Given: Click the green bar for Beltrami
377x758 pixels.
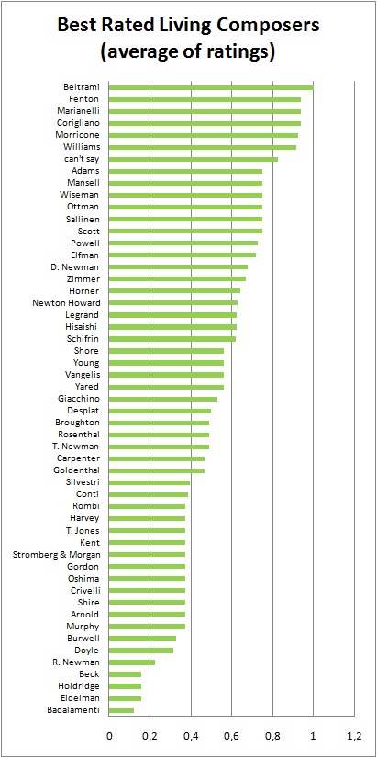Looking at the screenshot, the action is point(211,87).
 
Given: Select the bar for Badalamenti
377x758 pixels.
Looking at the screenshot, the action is point(121,710).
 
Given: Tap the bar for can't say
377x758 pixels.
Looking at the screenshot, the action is point(193,159).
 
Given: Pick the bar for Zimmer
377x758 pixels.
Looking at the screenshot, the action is point(177,279).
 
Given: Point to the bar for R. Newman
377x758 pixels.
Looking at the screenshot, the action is point(132,662).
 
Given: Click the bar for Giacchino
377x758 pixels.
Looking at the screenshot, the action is point(163,399).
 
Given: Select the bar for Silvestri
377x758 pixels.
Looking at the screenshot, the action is point(150,482).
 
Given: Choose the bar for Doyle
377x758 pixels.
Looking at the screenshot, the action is point(141,651).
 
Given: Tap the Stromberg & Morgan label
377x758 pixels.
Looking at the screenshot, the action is point(57,554).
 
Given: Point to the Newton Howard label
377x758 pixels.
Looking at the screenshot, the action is point(67,303).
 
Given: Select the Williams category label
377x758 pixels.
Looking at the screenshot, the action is point(82,147).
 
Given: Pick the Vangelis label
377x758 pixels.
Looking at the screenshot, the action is point(82,375).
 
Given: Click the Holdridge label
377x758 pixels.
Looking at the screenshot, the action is point(79,686).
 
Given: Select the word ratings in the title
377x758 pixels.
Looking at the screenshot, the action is point(238,51).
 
